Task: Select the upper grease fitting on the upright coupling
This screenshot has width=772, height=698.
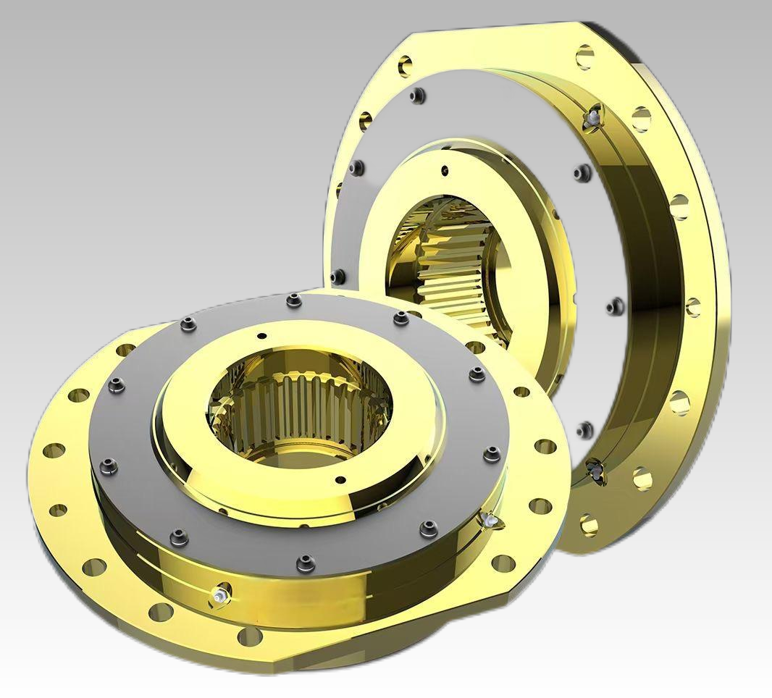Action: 594,114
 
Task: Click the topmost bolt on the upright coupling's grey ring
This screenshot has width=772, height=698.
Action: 416,96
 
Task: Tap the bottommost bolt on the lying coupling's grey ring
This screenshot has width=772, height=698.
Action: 306,562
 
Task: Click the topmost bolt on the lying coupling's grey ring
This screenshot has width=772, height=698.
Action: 293,300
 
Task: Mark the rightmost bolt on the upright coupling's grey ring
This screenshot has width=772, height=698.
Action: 615,306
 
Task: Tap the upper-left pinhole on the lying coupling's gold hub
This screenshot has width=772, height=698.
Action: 261,336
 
